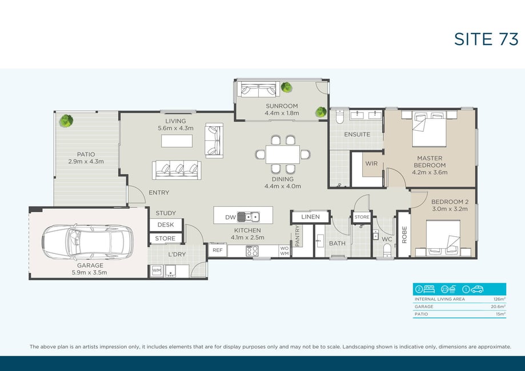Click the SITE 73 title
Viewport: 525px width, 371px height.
(486, 39)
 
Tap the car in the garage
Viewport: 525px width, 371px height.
(87, 241)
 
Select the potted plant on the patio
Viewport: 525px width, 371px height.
(66, 121)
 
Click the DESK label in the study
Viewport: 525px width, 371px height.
(166, 225)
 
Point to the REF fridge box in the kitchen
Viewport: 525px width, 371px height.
(217, 250)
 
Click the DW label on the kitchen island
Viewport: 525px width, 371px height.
(230, 217)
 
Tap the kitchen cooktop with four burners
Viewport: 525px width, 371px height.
(252, 251)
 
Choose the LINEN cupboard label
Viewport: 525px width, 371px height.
(310, 217)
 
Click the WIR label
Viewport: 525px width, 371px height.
(371, 164)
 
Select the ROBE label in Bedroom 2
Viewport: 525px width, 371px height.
(404, 235)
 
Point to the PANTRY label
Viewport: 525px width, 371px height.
(298, 236)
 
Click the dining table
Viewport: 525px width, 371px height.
(283, 154)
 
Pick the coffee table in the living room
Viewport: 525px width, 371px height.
(177, 141)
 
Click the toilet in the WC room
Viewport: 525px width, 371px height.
(387, 249)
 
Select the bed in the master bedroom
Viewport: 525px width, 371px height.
(429, 129)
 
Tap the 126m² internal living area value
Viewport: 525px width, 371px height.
(499, 299)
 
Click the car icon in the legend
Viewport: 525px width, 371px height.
(477, 289)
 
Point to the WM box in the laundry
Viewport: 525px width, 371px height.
(157, 271)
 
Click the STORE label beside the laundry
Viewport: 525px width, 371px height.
(165, 239)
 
